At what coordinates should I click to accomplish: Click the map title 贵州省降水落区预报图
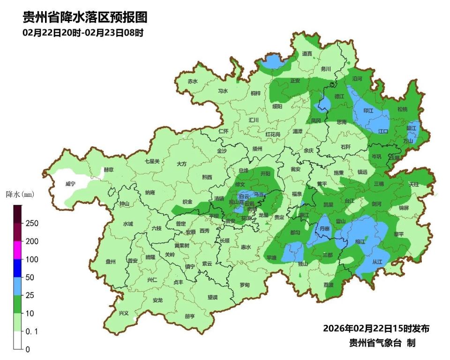[85, 18]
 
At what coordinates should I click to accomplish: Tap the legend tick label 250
[32, 224]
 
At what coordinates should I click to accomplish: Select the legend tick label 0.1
[31, 331]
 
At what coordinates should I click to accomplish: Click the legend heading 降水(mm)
[20, 194]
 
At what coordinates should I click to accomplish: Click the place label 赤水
[193, 81]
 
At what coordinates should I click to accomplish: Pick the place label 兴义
[123, 313]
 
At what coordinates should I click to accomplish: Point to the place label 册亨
[189, 316]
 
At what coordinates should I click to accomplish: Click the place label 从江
[377, 262]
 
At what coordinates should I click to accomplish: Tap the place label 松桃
[402, 109]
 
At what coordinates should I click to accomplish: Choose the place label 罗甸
[245, 285]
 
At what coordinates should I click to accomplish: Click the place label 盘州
[111, 262]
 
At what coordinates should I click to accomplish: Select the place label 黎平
[398, 233]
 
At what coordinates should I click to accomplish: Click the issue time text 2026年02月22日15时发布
[376, 328]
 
